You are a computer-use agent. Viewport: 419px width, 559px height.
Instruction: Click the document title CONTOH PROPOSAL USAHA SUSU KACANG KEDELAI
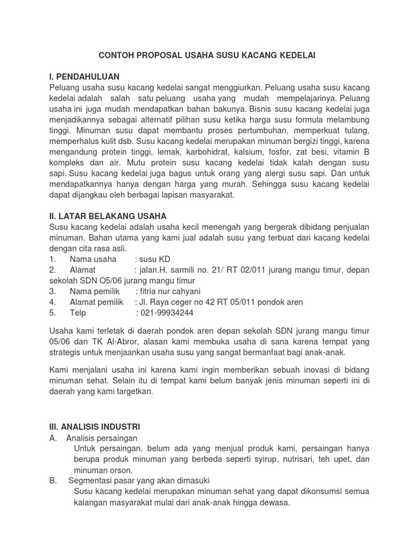tap(207, 56)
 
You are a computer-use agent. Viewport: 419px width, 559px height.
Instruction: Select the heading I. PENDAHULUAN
tap(85, 76)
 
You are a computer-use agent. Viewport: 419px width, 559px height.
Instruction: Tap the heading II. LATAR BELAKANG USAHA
tap(108, 216)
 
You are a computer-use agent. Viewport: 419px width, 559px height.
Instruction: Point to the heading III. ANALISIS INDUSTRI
tap(95, 426)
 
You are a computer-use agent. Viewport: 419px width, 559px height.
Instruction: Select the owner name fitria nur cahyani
tap(170, 291)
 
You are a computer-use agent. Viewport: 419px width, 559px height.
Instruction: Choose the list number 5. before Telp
tap(52, 313)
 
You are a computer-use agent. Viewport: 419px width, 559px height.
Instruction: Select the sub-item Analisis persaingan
tap(102, 438)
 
